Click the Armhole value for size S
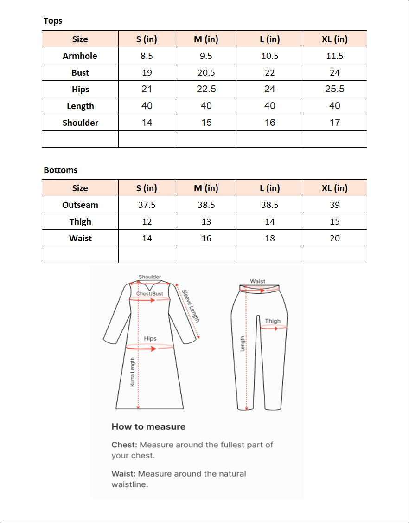(x=147, y=56)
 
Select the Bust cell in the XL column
(x=334, y=73)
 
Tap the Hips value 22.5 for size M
(x=206, y=89)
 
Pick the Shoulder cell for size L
(x=269, y=123)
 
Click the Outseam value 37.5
(x=147, y=205)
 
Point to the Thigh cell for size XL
(x=334, y=222)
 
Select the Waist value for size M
(x=206, y=239)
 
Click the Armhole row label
(x=80, y=56)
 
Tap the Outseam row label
(x=80, y=205)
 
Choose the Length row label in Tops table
(x=80, y=106)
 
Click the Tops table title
(x=52, y=21)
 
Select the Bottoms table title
(x=60, y=170)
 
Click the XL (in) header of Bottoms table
(x=334, y=188)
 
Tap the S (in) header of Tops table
(x=147, y=39)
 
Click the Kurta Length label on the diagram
(x=133, y=372)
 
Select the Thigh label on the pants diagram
(x=273, y=321)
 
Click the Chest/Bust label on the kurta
(x=150, y=294)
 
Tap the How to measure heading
(x=148, y=426)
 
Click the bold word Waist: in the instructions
(x=124, y=474)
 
